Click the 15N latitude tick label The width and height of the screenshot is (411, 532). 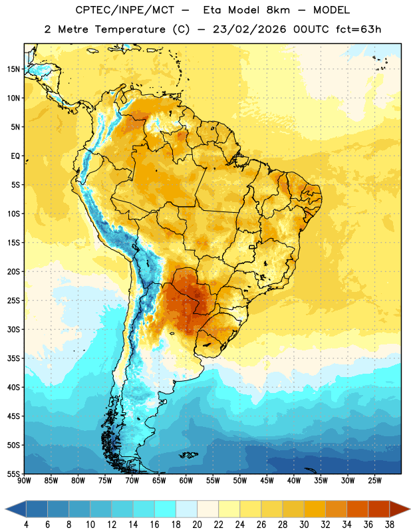point(13,69)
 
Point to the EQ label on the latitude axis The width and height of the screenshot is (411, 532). point(15,156)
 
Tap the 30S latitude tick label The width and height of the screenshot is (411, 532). point(13,329)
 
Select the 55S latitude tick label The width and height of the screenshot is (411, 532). point(13,473)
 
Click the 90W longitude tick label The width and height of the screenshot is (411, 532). point(24,481)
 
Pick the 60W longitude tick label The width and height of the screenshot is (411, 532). point(186,481)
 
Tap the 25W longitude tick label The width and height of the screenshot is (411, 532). point(374,481)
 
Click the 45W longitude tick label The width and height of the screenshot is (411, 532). point(267,481)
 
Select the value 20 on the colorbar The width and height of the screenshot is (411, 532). point(197,525)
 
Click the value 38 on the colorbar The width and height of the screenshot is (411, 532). point(390,525)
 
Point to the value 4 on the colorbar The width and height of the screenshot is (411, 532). point(26,525)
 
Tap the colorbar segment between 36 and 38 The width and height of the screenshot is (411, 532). point(379,509)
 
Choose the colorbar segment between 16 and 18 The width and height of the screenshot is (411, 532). point(165,509)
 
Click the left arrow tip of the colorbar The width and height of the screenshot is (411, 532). point(5,509)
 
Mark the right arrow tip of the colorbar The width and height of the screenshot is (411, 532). point(410,509)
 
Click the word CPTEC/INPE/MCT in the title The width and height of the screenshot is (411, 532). point(125,10)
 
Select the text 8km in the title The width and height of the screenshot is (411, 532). point(278,10)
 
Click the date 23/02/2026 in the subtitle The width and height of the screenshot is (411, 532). point(249,29)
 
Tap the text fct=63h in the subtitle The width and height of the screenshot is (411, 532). point(358,29)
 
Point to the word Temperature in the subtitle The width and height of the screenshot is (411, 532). point(130,29)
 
